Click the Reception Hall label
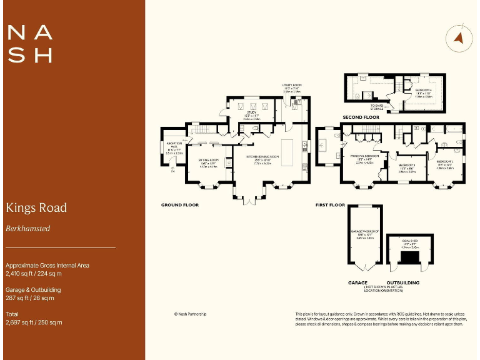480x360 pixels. pyautogui.click(x=174, y=149)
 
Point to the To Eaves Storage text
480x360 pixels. pyautogui.click(x=377, y=107)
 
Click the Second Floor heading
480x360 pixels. pyautogui.click(x=361, y=117)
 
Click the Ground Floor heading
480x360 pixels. pyautogui.click(x=179, y=204)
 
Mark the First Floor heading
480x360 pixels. pyautogui.click(x=330, y=204)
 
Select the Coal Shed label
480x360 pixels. pyautogui.click(x=409, y=242)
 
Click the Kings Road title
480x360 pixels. pyautogui.click(x=36, y=207)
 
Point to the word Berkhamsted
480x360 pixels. pyautogui.click(x=27, y=229)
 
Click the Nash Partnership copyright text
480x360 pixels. pyautogui.click(x=190, y=314)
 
